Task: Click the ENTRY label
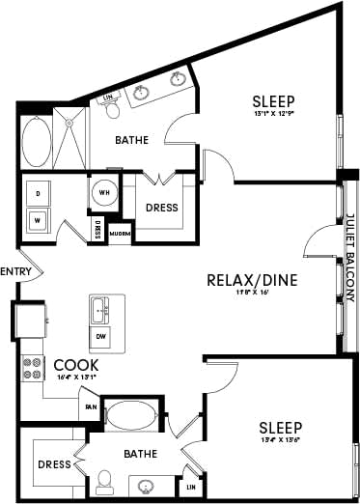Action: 17,271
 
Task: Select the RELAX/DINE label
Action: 251,281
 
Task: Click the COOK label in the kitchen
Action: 74,364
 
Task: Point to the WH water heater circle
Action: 104,191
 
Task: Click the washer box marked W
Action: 39,219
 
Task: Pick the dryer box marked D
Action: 39,192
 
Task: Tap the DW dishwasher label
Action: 101,335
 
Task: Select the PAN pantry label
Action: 91,406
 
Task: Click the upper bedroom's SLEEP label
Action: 273,100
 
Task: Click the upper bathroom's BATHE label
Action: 131,140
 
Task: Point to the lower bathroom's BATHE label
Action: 140,451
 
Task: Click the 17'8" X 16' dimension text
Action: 252,298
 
